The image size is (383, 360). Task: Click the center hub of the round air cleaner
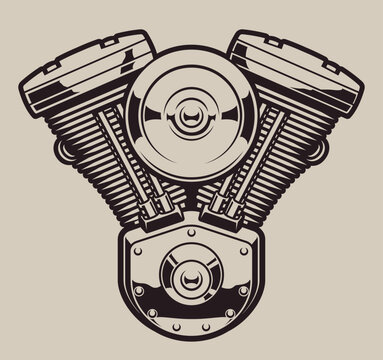(191, 126)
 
